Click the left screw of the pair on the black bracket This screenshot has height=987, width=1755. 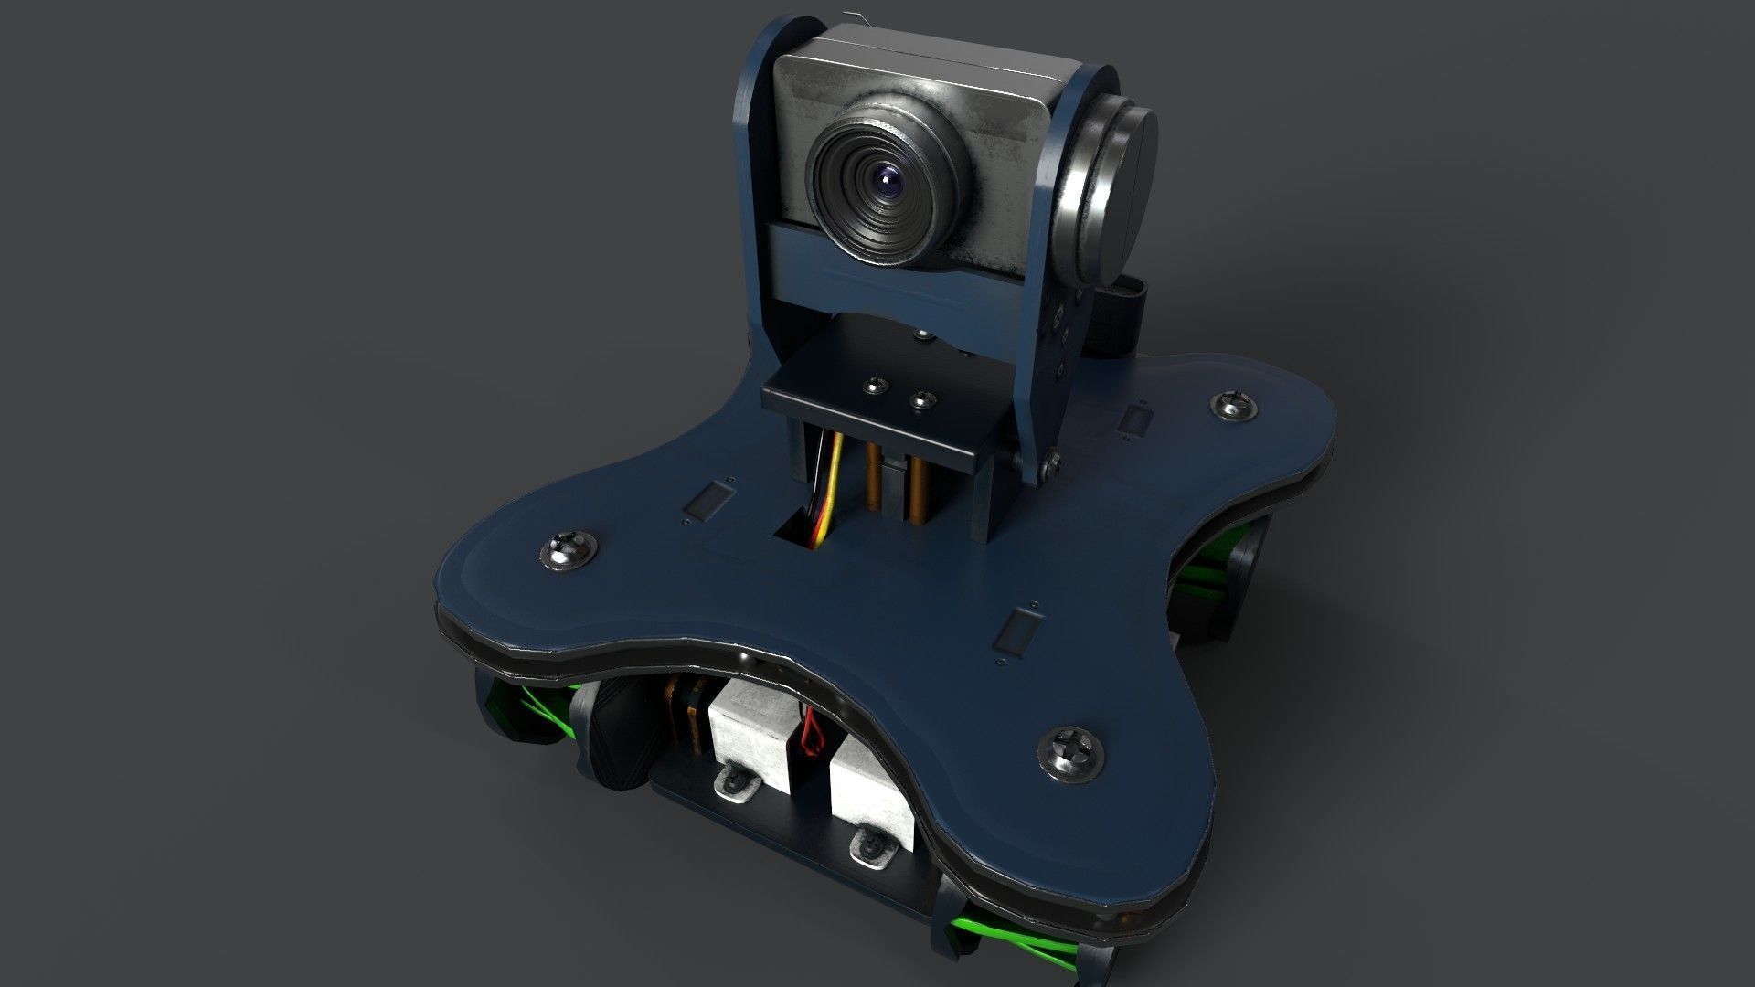click(x=879, y=386)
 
